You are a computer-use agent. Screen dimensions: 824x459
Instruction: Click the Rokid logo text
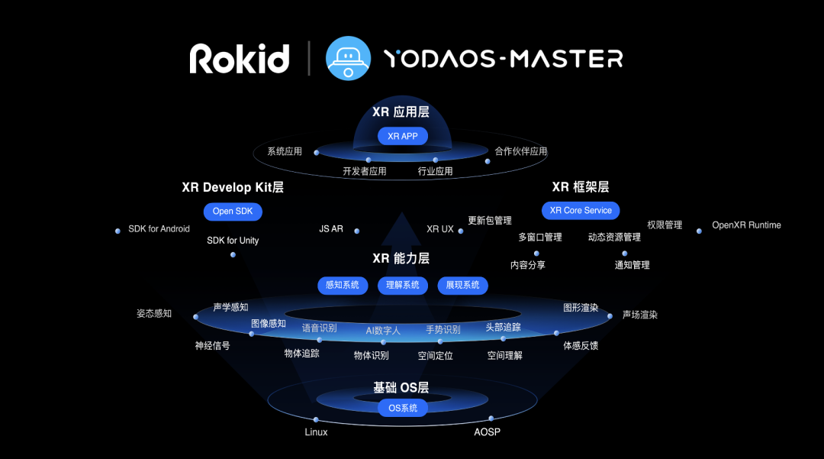click(239, 58)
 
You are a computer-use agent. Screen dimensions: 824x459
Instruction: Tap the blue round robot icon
click(348, 58)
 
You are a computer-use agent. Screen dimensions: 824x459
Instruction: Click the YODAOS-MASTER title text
click(504, 59)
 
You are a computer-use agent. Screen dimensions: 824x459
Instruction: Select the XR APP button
click(403, 136)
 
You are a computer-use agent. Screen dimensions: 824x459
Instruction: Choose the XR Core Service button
click(581, 210)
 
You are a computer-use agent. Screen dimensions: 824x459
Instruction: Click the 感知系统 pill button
click(342, 285)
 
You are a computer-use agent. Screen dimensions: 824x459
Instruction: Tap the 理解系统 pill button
click(403, 285)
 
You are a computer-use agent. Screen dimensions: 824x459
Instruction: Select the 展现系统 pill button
click(462, 285)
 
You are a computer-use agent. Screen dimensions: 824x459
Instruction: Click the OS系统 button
click(403, 408)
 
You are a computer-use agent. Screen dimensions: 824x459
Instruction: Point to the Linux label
click(316, 432)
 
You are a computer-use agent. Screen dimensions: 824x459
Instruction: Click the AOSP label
click(487, 432)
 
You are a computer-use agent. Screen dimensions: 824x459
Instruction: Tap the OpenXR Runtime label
click(746, 225)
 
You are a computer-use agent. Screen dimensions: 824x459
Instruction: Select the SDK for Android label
click(159, 228)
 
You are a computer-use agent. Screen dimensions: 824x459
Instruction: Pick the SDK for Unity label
click(233, 241)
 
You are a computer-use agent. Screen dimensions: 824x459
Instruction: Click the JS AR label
click(331, 228)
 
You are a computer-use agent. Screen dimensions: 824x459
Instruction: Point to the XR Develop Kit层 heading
click(233, 187)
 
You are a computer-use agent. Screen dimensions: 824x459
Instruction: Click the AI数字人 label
click(383, 331)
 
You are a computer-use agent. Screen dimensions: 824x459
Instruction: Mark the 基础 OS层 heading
click(401, 387)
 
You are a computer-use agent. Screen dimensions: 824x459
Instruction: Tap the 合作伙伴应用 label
click(521, 151)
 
